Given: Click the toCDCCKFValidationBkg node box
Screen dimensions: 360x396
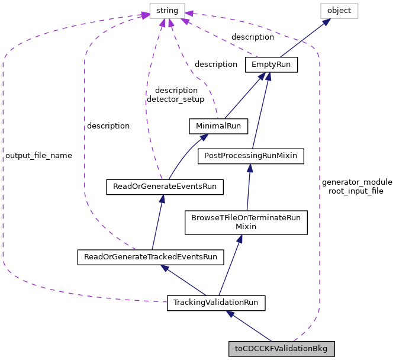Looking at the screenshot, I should pos(281,349).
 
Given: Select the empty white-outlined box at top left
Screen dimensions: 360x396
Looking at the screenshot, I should pos(167,11).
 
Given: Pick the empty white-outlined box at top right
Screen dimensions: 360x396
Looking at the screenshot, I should pos(339,11).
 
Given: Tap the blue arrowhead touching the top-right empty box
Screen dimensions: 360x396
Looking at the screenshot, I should pos(326,22).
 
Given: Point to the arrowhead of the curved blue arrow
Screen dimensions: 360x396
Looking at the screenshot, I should pos(204,137).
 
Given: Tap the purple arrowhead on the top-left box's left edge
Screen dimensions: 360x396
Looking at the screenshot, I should pos(145,15).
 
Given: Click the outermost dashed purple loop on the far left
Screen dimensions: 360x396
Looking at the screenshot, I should pos(3,178).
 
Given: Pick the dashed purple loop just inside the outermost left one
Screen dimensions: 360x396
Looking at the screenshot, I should pos(85,148).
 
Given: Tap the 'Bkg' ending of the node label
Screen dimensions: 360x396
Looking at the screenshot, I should pos(320,349).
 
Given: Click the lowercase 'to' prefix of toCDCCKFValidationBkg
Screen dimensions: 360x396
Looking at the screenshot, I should pos(238,349).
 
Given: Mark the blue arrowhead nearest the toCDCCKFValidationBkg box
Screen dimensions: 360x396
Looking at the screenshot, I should pos(230,314).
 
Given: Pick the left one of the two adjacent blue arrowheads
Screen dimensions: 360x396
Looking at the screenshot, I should pos(262,76).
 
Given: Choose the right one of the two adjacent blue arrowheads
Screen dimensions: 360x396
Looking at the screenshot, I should pos(268,76).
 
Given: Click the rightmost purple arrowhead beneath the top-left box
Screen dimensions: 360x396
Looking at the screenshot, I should pos(185,22).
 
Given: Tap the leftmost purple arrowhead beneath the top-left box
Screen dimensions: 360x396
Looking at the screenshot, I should pos(163,23).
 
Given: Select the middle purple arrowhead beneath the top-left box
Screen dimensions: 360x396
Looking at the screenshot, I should pos(171,23).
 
